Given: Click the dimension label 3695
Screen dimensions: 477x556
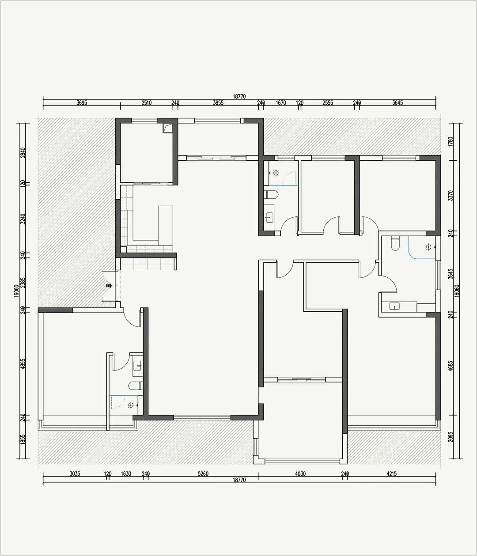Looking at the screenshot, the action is (x=82, y=103).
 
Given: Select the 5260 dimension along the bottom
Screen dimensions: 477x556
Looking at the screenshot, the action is (x=203, y=474).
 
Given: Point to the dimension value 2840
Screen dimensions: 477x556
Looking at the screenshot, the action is (x=23, y=153).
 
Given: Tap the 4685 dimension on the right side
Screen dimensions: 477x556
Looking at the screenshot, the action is (x=450, y=366).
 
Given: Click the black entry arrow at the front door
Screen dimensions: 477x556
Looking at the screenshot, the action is (x=109, y=285).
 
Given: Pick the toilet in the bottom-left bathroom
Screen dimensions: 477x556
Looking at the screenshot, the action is (x=135, y=386).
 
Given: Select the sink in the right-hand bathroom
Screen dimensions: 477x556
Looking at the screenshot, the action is (x=394, y=306).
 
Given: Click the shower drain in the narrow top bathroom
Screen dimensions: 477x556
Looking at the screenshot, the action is (x=276, y=173).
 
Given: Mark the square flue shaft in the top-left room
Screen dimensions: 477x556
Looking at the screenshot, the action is (x=168, y=128).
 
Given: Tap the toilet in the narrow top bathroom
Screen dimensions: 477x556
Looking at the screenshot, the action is (x=271, y=195).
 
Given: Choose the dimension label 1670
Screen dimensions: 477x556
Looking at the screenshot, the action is (x=281, y=103).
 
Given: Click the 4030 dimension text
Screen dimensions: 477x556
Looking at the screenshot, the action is (x=300, y=474).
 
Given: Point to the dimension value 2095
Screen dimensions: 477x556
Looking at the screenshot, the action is (x=450, y=437).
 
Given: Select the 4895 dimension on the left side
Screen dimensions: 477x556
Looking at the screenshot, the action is (x=23, y=363).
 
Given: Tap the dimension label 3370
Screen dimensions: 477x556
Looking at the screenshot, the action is (x=450, y=196).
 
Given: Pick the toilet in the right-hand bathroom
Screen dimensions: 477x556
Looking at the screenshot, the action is (x=395, y=243).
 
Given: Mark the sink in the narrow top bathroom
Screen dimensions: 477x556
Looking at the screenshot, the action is (x=269, y=217).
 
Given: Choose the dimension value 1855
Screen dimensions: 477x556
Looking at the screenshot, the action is (x=23, y=439).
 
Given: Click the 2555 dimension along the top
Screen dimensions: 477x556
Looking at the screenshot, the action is (x=328, y=103).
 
